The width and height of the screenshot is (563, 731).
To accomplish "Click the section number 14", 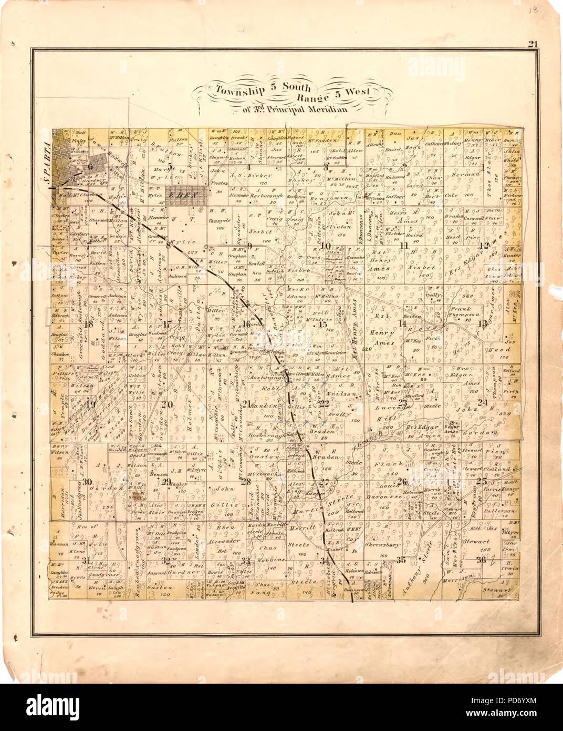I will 402,323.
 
